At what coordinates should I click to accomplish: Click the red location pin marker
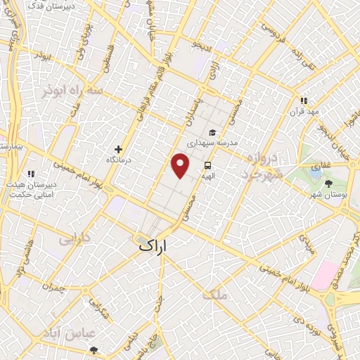(181, 165)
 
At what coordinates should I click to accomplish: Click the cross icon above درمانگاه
(119, 149)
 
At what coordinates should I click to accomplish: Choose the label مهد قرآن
(307, 112)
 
